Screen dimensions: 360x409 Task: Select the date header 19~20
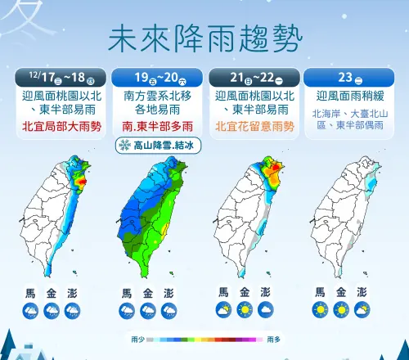[x=156, y=78]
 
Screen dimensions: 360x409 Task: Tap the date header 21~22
[x=251, y=78]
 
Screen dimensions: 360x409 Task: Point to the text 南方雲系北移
[x=156, y=97]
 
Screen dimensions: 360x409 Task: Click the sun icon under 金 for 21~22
[x=244, y=311]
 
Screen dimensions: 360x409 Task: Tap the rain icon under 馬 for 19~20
[x=127, y=311]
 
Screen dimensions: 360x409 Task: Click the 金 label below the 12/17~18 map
[x=51, y=292]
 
